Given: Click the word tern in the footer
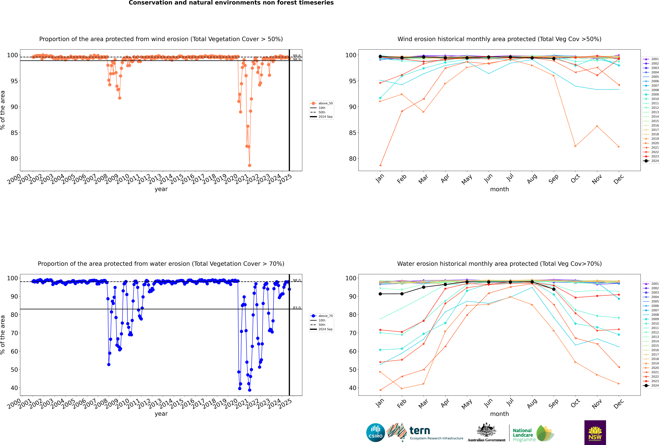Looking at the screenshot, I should (420, 431).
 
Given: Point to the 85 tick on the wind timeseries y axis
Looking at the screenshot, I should (14, 133).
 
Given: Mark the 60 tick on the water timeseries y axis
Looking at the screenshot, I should (14, 351).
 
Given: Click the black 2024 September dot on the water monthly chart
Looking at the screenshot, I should (554, 289).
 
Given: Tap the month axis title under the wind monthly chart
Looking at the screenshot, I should (499, 189).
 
